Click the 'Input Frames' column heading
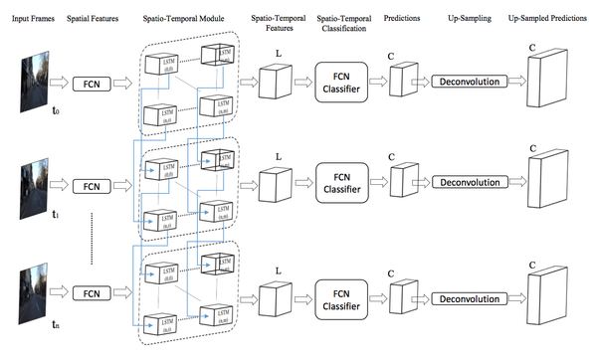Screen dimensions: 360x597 (31, 19)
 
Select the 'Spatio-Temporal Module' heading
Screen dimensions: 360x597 (188, 19)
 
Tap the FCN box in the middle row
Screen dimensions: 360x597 (93, 186)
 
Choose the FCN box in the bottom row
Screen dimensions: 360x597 (93, 293)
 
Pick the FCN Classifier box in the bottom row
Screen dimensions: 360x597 (347, 293)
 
